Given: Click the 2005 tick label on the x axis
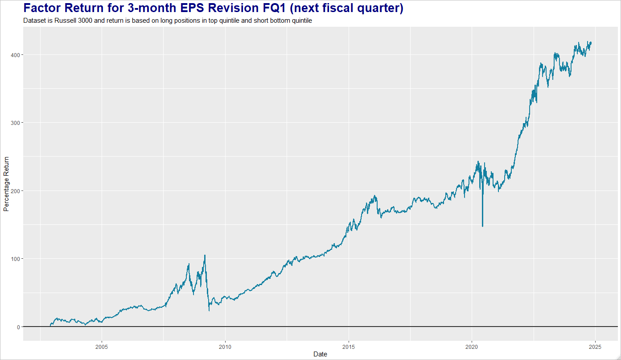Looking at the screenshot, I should [102, 346].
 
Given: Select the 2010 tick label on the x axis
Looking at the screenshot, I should [225, 346].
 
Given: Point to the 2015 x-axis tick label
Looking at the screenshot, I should [349, 346].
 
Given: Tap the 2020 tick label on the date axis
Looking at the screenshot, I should [472, 346].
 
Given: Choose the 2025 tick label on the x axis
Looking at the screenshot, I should [595, 346].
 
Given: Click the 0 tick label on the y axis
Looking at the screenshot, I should [18, 327].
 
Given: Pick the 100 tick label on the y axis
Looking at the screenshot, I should [16, 259].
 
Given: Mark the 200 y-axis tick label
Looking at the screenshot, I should [16, 190].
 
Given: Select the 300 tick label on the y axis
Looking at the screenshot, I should [16, 123].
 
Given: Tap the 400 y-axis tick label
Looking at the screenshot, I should [16, 54].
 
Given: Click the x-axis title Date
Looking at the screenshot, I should [320, 354].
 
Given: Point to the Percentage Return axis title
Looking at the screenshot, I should [6, 184].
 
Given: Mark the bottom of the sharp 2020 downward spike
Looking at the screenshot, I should [483, 226].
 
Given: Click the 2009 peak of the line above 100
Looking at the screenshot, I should [205, 256].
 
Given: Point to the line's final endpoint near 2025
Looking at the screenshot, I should [591, 42].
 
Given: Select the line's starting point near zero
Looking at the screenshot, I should [50, 326].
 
